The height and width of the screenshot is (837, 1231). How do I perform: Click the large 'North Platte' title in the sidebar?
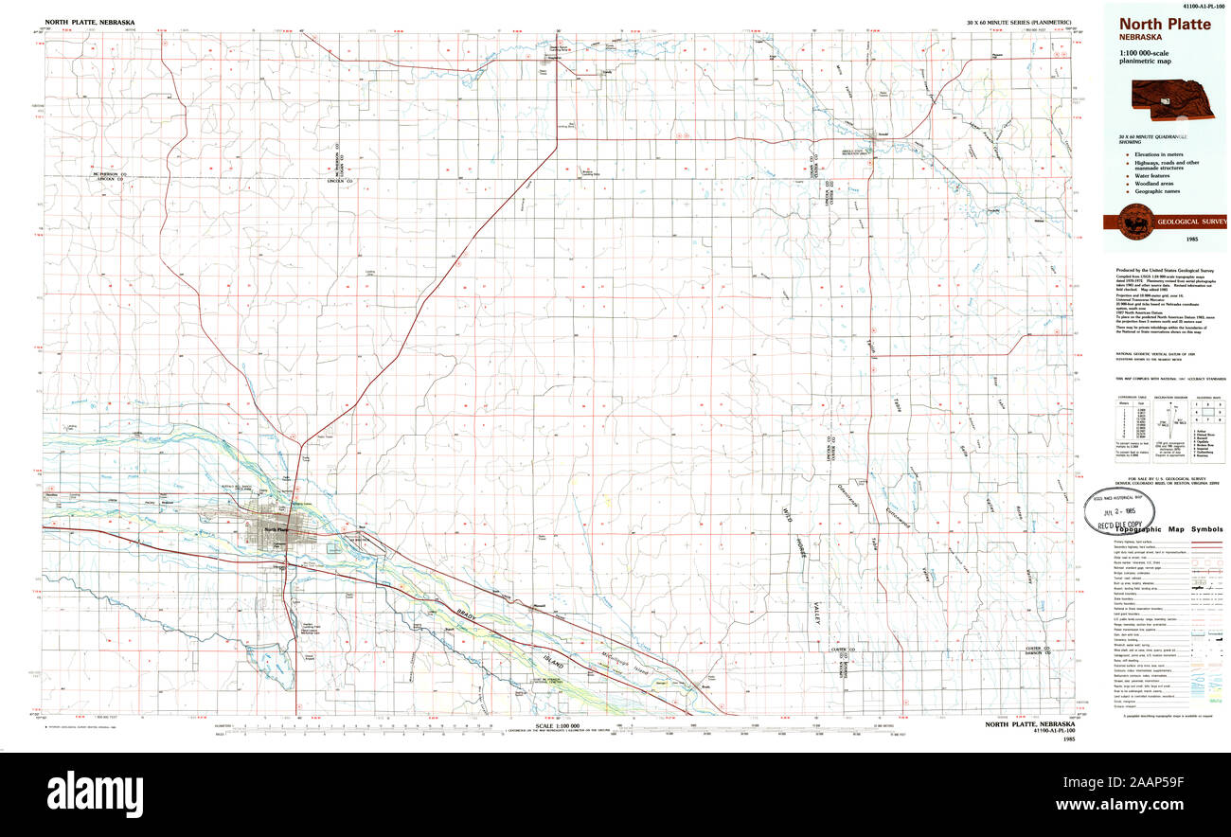1166,24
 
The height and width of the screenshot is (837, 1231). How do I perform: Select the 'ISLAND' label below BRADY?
550,666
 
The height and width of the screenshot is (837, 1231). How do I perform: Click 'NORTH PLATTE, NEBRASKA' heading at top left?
90,22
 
